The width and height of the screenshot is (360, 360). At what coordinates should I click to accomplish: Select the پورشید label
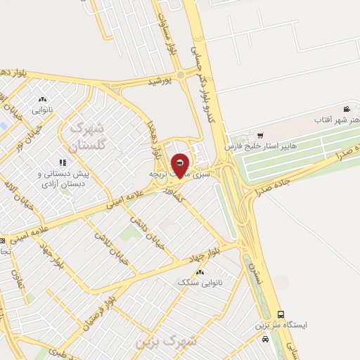coord(160,82)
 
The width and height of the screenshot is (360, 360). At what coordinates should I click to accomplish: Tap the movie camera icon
coord(347,109)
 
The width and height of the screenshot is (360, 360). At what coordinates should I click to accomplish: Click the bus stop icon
coord(281,315)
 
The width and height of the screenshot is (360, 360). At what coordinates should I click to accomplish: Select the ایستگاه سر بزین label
coord(281,327)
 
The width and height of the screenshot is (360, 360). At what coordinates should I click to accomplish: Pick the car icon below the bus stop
coord(265,340)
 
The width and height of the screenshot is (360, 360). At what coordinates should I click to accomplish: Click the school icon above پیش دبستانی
coord(72,143)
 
